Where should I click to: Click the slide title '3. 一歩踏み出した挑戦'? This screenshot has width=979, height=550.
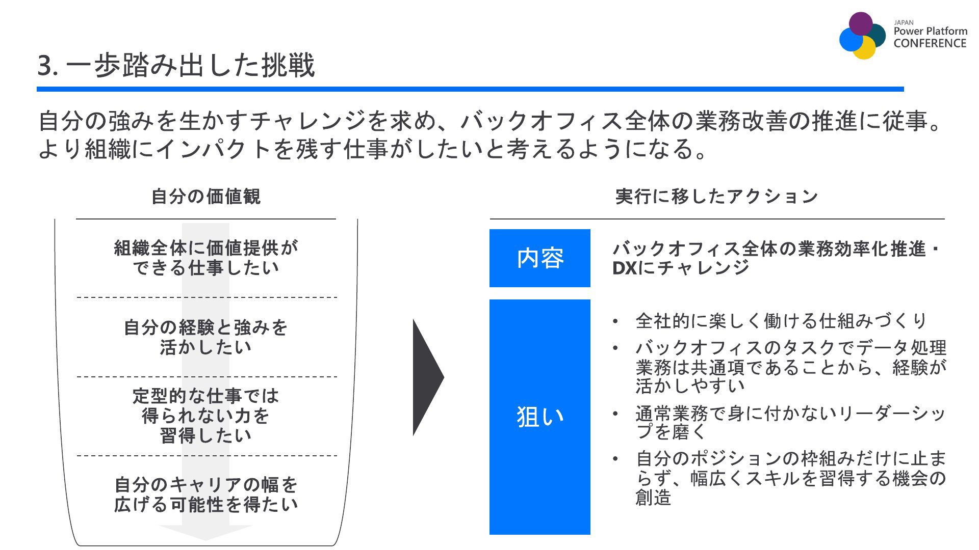[x=176, y=65]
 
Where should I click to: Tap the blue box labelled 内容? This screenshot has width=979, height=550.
[x=540, y=258]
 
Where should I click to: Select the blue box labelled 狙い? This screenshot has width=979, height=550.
[x=540, y=417]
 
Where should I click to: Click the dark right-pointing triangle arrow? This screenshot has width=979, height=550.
[x=428, y=377]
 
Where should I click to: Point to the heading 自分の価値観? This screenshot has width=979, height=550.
[x=206, y=197]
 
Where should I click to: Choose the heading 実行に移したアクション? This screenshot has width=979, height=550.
[x=717, y=197]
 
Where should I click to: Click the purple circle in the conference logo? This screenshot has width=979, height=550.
[x=861, y=23]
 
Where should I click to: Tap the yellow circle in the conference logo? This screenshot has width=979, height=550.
[x=864, y=47]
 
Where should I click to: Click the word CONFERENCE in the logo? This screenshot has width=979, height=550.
[x=930, y=43]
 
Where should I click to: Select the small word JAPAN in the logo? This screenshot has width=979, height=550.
[x=904, y=22]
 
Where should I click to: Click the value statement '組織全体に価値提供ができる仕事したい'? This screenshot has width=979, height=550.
[x=206, y=258]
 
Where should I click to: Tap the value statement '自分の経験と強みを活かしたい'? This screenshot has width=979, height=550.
[x=206, y=337]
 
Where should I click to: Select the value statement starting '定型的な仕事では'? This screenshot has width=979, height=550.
[x=206, y=416]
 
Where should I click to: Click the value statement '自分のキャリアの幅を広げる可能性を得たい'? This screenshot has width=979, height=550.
[x=206, y=494]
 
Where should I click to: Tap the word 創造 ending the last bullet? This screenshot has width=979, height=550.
[x=653, y=497]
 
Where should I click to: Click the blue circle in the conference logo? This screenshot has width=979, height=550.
[x=852, y=39]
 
